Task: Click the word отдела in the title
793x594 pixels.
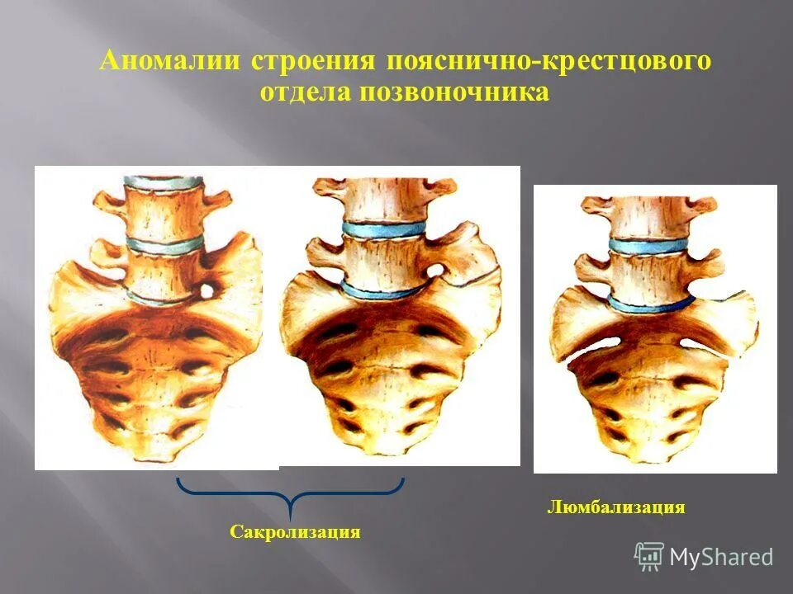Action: pyautogui.click(x=306, y=92)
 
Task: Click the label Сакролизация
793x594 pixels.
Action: pyautogui.click(x=295, y=532)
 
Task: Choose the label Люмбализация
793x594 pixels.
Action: pyautogui.click(x=615, y=507)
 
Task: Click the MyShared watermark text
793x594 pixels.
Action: pyautogui.click(x=721, y=557)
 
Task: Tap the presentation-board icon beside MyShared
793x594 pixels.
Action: pyautogui.click(x=649, y=556)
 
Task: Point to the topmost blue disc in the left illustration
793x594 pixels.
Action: pyautogui.click(x=163, y=180)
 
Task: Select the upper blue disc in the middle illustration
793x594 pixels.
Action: pyautogui.click(x=385, y=229)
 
